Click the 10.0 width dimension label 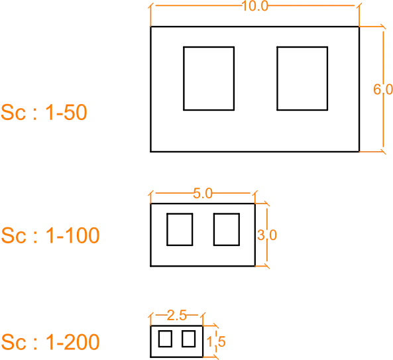(x=255, y=6)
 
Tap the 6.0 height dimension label (x=383, y=90)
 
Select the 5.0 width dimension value (x=203, y=194)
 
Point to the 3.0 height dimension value (x=267, y=235)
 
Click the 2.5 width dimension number (x=177, y=316)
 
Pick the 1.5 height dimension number (x=216, y=341)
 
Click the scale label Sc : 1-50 (x=44, y=112)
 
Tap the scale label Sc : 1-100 (x=50, y=235)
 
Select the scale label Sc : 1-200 (x=50, y=341)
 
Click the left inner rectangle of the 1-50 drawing (x=184, y=78)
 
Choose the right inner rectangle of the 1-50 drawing (x=277, y=78)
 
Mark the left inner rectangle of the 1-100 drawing (x=167, y=229)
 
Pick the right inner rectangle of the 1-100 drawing (x=214, y=229)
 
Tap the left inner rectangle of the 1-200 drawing (x=159, y=339)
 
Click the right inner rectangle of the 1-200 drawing (x=182, y=339)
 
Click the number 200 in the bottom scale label (x=82, y=341)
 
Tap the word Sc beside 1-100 (x=13, y=235)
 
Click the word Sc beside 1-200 (x=13, y=341)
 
